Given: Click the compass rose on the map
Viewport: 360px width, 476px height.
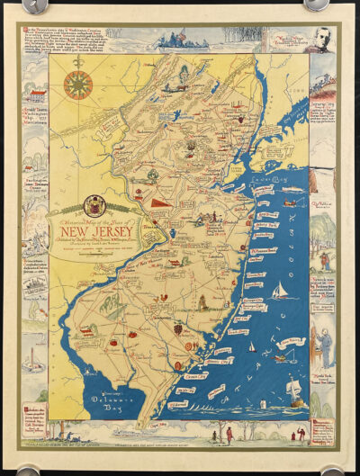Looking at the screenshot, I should click(77, 85).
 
